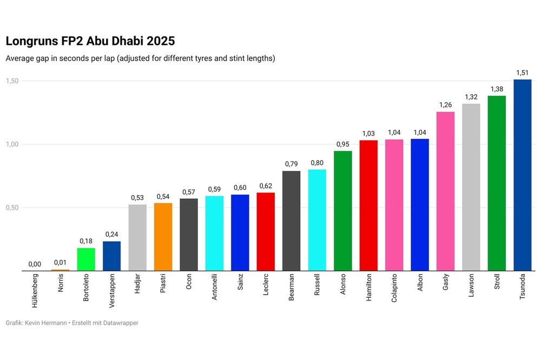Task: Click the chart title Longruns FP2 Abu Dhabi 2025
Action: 90,41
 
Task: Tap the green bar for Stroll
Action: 497,183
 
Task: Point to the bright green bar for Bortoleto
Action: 86,259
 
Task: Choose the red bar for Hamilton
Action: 368,205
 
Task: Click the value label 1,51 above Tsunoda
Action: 522,72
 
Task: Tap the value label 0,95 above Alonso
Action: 342,144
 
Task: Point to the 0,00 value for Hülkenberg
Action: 35,264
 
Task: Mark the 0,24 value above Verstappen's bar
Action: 111,234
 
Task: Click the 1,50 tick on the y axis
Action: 12,81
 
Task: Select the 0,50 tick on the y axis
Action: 12,208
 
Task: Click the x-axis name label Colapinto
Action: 394,290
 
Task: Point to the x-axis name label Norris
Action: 61,284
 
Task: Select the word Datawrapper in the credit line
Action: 119,323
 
